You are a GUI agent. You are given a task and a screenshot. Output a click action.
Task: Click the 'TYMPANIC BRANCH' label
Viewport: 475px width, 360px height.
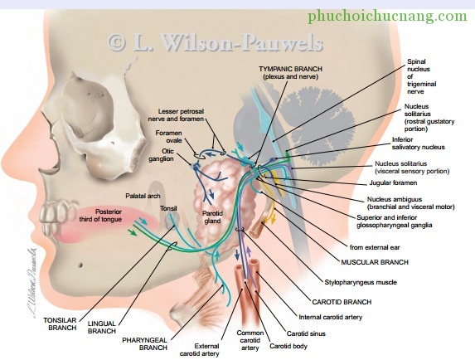click(x=290, y=69)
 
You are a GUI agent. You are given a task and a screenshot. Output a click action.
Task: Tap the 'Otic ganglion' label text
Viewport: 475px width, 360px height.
click(x=161, y=155)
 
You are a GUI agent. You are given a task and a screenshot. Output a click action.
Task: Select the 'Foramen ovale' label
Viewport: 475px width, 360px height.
click(x=169, y=137)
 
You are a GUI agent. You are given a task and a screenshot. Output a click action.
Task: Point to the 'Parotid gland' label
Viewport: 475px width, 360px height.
click(x=212, y=217)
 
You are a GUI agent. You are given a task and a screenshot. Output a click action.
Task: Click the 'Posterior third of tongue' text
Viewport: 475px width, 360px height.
click(x=100, y=216)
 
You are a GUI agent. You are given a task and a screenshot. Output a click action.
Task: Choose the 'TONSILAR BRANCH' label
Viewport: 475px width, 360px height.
click(x=60, y=324)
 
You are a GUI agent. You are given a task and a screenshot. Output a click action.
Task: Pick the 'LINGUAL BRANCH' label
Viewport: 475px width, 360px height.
click(x=102, y=328)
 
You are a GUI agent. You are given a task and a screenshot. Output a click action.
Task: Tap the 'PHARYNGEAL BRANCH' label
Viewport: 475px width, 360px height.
click(x=145, y=344)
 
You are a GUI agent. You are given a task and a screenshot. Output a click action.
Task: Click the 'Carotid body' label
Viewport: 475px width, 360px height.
click(x=288, y=346)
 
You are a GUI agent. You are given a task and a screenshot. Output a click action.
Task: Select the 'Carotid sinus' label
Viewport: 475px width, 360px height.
click(x=306, y=333)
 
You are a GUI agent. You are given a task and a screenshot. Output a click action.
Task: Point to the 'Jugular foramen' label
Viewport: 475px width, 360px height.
click(x=393, y=182)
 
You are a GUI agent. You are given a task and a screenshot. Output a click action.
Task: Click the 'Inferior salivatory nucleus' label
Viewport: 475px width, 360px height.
click(x=419, y=144)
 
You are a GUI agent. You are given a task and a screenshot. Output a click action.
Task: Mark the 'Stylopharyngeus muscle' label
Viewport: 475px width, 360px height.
click(x=361, y=282)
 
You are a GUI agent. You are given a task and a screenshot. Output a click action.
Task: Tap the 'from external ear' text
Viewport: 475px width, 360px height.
click(x=375, y=247)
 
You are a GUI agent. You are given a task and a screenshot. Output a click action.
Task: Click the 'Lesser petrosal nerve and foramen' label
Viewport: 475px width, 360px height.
click(x=176, y=115)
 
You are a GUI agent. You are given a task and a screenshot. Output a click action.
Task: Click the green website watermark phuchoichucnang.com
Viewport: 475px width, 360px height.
click(x=387, y=16)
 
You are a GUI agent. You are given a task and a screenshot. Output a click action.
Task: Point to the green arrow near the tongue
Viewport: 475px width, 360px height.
click(x=132, y=233)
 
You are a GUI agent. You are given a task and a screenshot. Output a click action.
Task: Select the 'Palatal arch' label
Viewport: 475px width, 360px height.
click(x=143, y=196)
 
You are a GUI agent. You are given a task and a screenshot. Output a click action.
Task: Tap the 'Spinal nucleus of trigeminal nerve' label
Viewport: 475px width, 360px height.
click(x=421, y=76)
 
